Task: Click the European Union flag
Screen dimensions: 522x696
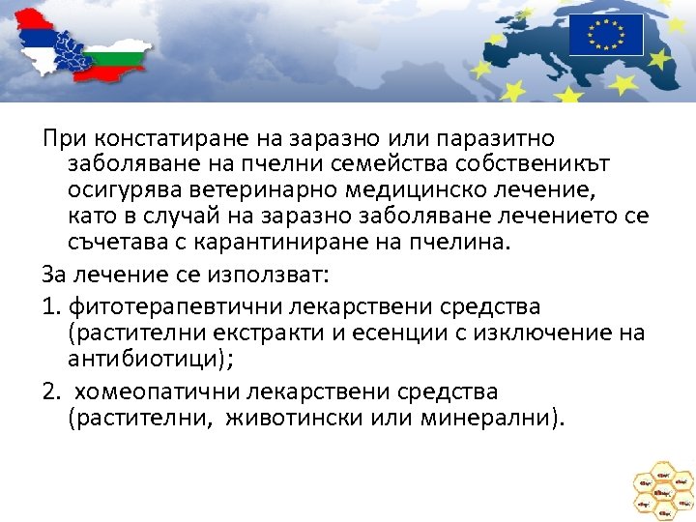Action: pyautogui.click(x=605, y=35)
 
